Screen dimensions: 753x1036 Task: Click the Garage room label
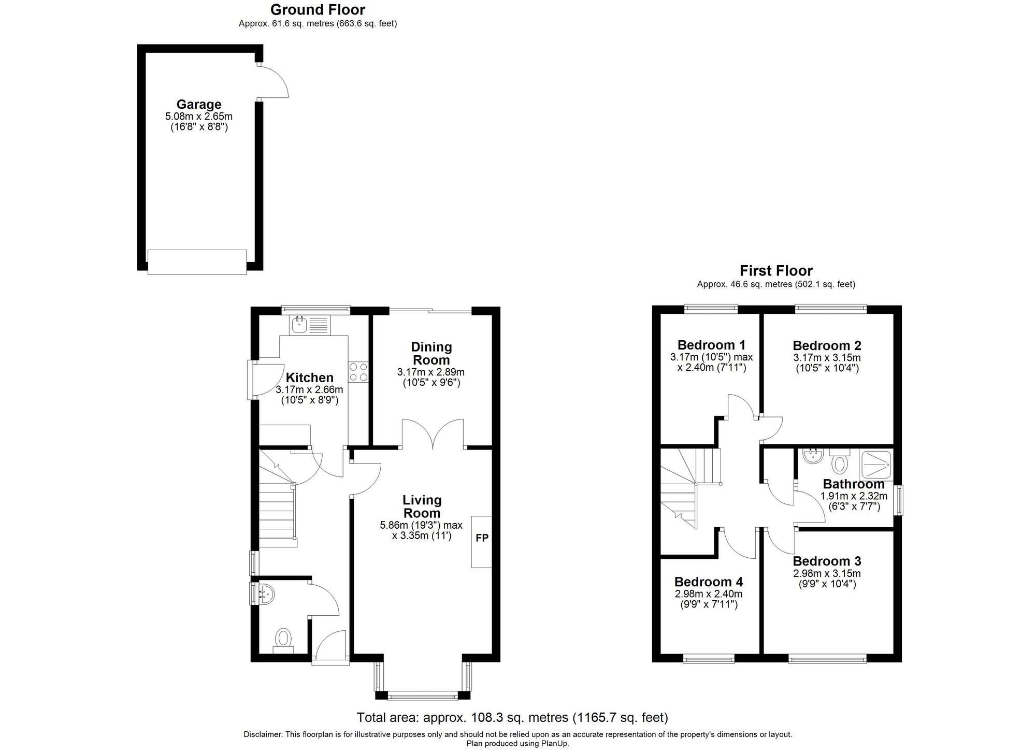click(x=199, y=104)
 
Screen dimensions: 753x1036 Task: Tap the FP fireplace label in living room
click(x=482, y=538)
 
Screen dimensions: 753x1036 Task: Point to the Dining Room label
click(x=431, y=353)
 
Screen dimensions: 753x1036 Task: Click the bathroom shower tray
click(x=876, y=465)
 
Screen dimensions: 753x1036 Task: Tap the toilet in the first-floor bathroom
click(x=840, y=461)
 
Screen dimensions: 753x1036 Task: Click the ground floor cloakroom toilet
click(x=283, y=639)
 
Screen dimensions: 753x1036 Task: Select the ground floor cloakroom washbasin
click(x=265, y=593)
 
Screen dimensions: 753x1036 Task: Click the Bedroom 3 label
click(x=827, y=561)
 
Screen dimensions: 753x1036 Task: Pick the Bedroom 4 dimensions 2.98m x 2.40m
click(x=708, y=594)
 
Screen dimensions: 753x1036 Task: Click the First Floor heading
click(x=776, y=271)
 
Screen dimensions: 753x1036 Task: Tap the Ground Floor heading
click(x=318, y=10)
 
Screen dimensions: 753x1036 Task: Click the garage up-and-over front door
click(x=197, y=262)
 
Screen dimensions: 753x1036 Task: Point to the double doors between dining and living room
click(x=433, y=434)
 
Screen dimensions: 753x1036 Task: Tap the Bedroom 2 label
click(x=827, y=345)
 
